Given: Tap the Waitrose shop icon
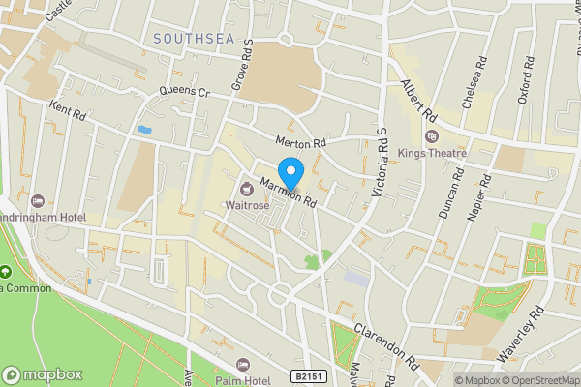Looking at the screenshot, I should (246, 188).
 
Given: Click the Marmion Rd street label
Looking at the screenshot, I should (289, 193).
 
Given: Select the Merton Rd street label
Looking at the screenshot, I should (301, 141).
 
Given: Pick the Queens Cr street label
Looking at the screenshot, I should (185, 93).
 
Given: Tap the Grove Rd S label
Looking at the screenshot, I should (242, 67).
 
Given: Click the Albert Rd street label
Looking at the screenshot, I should (413, 100).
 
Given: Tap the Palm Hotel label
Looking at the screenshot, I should (242, 380).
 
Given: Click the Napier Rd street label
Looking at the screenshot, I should (477, 198).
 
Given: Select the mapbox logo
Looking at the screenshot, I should (43, 374).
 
